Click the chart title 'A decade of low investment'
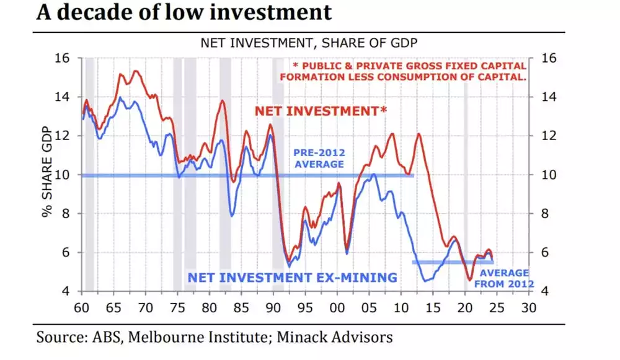184,13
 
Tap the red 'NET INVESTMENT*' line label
321,112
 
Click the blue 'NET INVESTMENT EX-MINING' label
292,278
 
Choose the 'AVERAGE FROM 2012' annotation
503,278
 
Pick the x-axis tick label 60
81,308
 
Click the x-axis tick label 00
337,308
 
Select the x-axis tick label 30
528,308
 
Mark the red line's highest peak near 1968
135,71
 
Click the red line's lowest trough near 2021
470,281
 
